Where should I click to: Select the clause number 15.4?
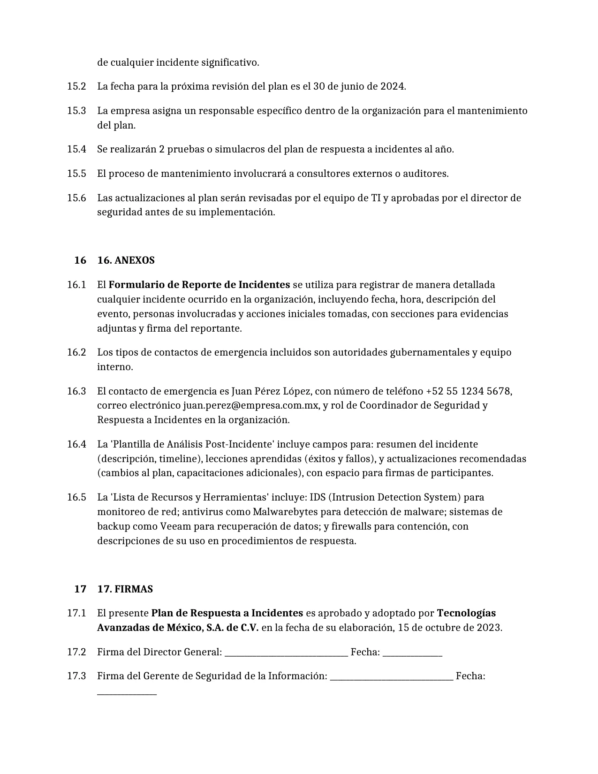click(x=76, y=149)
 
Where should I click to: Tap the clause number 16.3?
click(x=76, y=391)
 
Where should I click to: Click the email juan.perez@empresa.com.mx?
click(x=251, y=405)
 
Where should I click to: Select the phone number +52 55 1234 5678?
click(x=468, y=391)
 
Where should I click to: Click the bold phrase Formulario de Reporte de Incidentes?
click(x=199, y=285)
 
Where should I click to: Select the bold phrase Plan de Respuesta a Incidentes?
click(x=227, y=613)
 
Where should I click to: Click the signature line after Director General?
click(x=286, y=653)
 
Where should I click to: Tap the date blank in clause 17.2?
click(x=412, y=653)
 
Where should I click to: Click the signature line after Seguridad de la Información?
click(x=392, y=677)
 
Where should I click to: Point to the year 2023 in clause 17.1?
click(x=489, y=628)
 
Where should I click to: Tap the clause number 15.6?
click(x=76, y=198)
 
